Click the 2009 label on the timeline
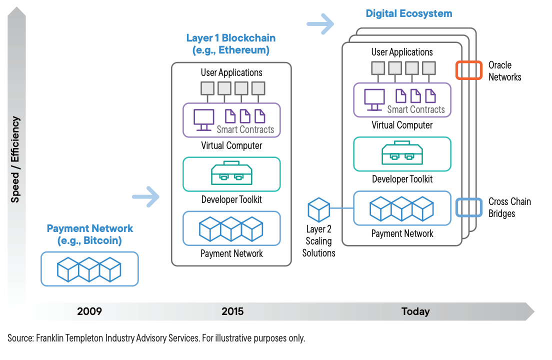[x=89, y=311]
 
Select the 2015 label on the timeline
[x=232, y=311]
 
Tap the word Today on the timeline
[x=415, y=311]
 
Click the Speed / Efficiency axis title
[x=15, y=159]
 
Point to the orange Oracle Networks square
[x=468, y=70]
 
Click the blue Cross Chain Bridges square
[x=468, y=207]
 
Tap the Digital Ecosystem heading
[x=408, y=13]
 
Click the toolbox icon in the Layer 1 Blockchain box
[x=231, y=173]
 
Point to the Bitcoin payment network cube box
[x=89, y=269]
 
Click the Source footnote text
[x=156, y=338]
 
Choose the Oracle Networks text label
[x=504, y=71]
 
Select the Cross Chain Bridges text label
[x=509, y=207]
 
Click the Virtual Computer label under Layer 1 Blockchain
[x=231, y=146]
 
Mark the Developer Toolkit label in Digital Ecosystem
[x=402, y=179]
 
